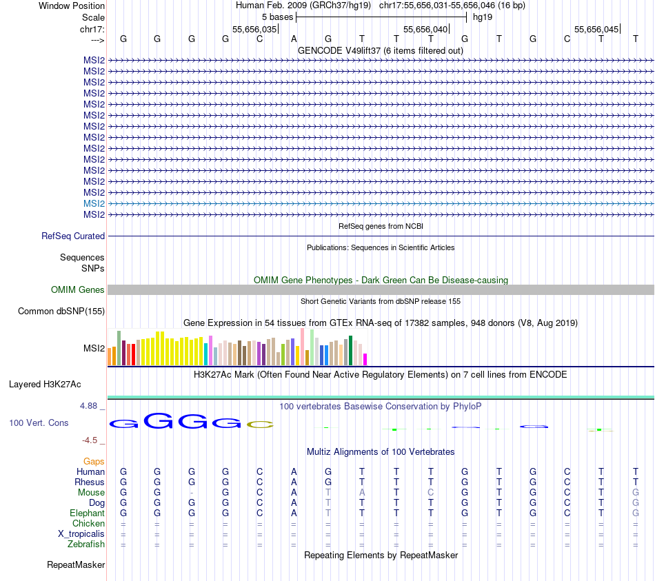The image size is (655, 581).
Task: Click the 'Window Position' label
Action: (x=72, y=6)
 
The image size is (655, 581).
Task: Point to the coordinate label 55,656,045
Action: (x=596, y=30)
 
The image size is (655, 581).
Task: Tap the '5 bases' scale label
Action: (x=277, y=17)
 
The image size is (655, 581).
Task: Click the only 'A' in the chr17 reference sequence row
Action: (x=294, y=39)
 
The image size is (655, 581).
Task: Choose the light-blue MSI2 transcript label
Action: (x=94, y=203)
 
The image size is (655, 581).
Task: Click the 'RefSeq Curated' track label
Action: (x=73, y=236)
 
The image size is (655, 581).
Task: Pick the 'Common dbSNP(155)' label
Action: (x=61, y=312)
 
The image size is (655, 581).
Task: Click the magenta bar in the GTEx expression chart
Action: (x=365, y=359)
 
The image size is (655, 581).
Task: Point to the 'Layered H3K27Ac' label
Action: (x=50, y=384)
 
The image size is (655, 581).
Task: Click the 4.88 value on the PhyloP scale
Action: (x=88, y=406)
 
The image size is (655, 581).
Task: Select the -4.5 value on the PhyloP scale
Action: (x=90, y=440)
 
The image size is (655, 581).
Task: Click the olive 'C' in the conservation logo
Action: (x=260, y=424)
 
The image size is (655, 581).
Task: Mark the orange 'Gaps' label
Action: (x=94, y=461)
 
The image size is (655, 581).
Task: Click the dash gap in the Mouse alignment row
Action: (x=191, y=493)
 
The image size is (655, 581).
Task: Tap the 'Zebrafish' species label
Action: (x=86, y=544)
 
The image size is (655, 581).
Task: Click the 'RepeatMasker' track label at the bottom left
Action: (x=76, y=565)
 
